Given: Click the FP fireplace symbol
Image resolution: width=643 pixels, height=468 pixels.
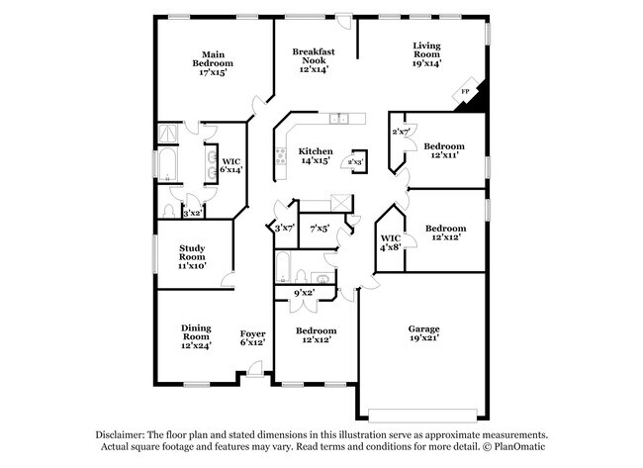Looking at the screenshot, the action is click(x=465, y=92).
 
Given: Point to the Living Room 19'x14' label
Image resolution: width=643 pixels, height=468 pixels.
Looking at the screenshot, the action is click(x=426, y=54).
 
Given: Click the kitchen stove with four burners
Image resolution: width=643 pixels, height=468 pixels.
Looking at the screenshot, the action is click(x=281, y=156).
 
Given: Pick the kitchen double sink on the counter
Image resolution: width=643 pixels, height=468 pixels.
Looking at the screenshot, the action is click(x=339, y=119).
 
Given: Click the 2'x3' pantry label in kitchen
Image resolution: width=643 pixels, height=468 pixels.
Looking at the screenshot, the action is click(x=355, y=162).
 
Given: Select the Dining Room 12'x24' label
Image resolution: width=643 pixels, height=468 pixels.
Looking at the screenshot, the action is click(x=196, y=336).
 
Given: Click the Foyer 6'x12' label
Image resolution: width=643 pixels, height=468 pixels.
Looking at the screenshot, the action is click(x=252, y=337).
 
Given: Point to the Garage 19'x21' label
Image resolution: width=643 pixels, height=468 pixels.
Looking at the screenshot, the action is click(x=424, y=333).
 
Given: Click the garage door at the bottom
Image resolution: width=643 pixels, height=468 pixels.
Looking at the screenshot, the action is click(x=422, y=416).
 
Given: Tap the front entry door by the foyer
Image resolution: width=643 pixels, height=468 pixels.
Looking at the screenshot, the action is click(x=254, y=368).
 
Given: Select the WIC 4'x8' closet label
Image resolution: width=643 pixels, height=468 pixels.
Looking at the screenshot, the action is click(x=391, y=242).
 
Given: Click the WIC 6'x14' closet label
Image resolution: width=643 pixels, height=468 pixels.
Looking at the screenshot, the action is click(x=231, y=165).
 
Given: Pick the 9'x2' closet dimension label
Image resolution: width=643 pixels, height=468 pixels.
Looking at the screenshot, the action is click(x=305, y=293).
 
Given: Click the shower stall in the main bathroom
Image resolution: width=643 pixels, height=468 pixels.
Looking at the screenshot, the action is click(x=168, y=134).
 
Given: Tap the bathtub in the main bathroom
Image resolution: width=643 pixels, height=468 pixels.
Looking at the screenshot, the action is click(x=168, y=164).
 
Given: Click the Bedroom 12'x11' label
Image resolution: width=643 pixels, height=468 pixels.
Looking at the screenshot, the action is click(x=444, y=150).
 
